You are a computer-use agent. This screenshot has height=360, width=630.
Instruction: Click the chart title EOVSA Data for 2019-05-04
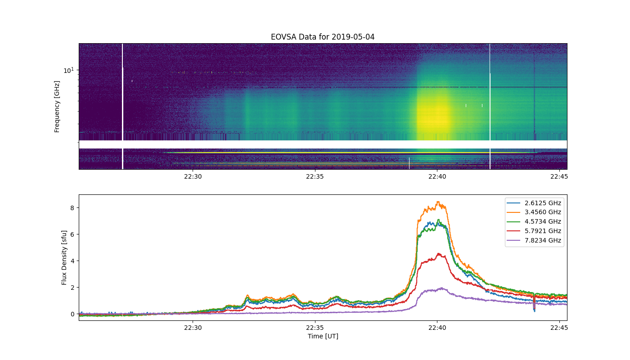coord(323,37)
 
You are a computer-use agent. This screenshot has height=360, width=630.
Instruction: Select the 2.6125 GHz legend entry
coord(534,203)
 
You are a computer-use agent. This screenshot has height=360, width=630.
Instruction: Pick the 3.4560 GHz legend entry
coord(534,212)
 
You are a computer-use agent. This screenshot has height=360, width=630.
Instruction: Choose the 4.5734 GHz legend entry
coord(534,221)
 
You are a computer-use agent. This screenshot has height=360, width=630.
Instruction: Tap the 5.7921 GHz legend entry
coord(534,231)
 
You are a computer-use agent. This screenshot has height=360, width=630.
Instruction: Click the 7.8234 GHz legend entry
coord(534,240)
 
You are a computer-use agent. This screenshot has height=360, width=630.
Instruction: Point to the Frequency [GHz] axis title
coord(57,107)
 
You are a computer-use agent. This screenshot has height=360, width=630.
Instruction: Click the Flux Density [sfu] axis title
coord(64,257)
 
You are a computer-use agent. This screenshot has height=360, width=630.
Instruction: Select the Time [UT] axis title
coord(323,336)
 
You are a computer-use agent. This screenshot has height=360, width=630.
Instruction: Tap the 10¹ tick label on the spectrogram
coord(68,70)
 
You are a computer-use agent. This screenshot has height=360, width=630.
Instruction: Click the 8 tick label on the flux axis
coord(72,208)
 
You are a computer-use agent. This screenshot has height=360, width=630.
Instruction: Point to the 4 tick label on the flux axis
coord(72,261)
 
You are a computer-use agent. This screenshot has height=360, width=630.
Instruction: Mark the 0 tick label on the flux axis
coord(72,314)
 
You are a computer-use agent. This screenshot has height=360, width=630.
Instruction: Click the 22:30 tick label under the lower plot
coord(193,328)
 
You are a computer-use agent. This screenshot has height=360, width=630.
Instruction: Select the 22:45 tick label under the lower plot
coord(559,328)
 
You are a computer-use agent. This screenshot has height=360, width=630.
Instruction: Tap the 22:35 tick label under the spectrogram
coord(315,176)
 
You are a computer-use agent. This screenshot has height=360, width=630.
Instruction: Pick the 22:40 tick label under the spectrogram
coord(437,176)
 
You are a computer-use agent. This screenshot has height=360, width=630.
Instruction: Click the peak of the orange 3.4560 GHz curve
coord(438,202)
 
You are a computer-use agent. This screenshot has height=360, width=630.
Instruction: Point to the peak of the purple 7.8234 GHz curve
coord(442,288)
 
